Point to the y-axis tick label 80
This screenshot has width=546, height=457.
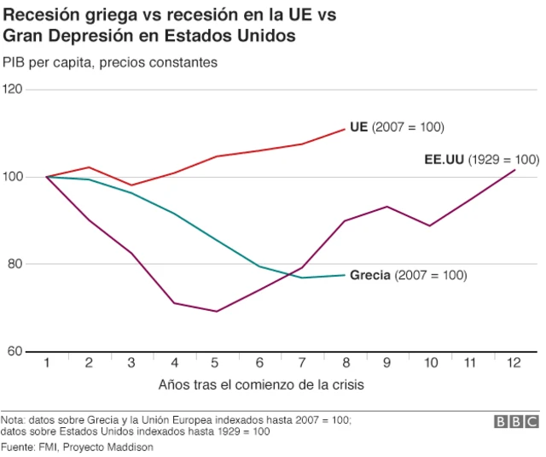click(x=15, y=264)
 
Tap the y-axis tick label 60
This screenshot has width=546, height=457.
click(x=15, y=351)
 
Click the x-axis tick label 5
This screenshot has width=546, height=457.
click(x=217, y=363)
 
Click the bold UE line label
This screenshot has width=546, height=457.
click(x=358, y=126)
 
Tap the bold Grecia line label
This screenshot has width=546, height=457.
click(x=370, y=275)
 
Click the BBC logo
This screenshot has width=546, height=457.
click(x=515, y=421)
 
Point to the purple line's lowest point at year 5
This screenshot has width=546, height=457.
click(x=217, y=311)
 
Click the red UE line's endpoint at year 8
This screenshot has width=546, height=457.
click(x=345, y=129)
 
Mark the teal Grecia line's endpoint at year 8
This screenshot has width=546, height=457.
click(x=345, y=275)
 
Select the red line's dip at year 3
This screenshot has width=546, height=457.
click(x=131, y=185)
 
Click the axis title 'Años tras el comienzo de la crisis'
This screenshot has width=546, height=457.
click(x=261, y=384)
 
